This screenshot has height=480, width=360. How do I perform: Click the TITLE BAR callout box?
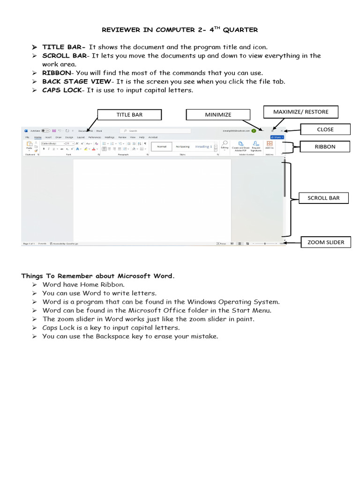coord(129,115)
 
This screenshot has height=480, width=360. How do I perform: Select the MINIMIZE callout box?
coord(218,115)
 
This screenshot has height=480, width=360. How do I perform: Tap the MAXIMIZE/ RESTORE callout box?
coord(300,112)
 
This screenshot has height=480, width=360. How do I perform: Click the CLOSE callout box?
coord(325,129)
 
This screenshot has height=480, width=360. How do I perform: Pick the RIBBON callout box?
coord(325,147)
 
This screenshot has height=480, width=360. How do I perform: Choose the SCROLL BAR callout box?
coord(323,198)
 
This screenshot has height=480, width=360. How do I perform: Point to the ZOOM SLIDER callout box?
coord(325,242)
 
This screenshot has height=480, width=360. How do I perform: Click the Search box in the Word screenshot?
coord(155,131)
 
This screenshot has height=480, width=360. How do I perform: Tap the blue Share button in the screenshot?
coord(277,137)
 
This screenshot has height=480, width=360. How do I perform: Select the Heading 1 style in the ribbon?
coord(203,147)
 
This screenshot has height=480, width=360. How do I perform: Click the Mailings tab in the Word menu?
coord(110,137)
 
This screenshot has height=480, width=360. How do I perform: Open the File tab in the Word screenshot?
coord(27,137)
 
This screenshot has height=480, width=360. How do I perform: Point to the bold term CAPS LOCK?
coord(61,90)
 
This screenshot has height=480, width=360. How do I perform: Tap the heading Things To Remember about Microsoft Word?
coord(97,276)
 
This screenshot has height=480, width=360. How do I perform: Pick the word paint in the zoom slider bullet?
coord(246,319)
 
